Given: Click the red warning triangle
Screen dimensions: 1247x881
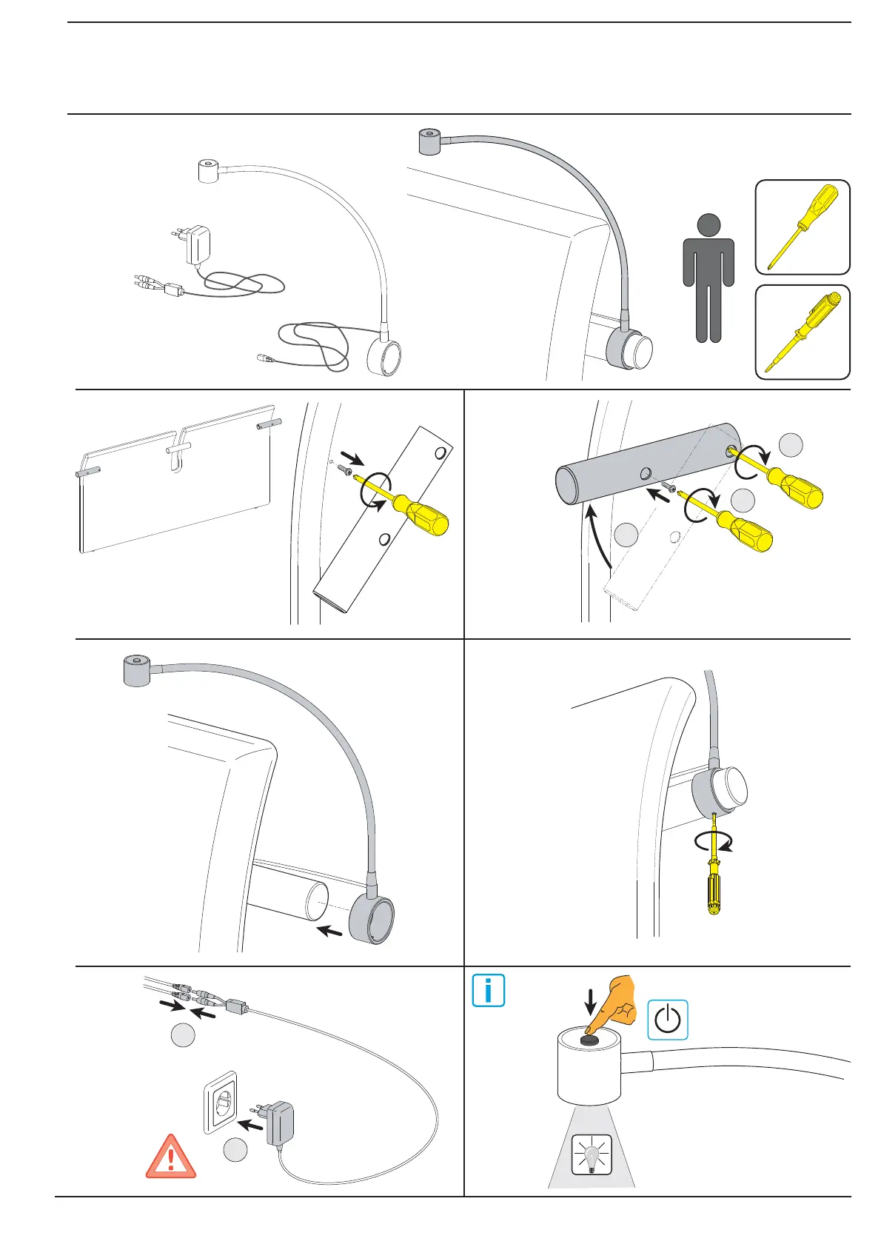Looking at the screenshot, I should (x=171, y=1158).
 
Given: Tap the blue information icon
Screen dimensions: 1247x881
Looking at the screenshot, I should (x=489, y=991).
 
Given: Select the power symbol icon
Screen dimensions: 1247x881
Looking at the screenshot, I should (x=668, y=1020).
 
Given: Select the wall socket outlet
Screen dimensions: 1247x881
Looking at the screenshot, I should (x=221, y=1102).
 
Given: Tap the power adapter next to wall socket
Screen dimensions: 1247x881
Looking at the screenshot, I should (x=278, y=1124).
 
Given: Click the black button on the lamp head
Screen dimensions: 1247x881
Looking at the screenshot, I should (x=589, y=1040).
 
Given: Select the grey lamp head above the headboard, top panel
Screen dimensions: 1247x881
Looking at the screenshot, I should (x=430, y=141).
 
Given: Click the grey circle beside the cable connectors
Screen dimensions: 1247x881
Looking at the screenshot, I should (x=182, y=1035).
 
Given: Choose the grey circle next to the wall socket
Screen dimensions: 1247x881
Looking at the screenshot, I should (x=235, y=1150).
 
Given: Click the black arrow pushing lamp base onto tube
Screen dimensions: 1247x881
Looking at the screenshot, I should (x=329, y=932).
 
